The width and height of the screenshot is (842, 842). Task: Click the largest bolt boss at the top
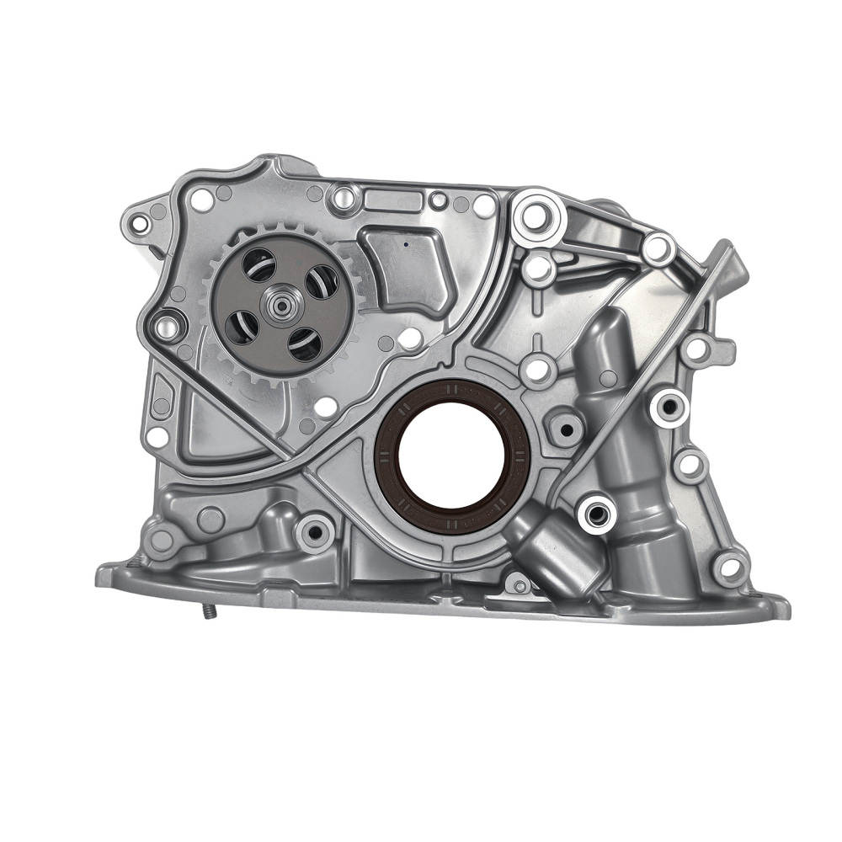536,216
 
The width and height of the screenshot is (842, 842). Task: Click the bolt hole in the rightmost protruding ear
698,348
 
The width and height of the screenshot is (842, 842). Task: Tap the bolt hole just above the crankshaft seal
536,367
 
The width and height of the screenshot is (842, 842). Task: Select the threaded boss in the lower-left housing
316,532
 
